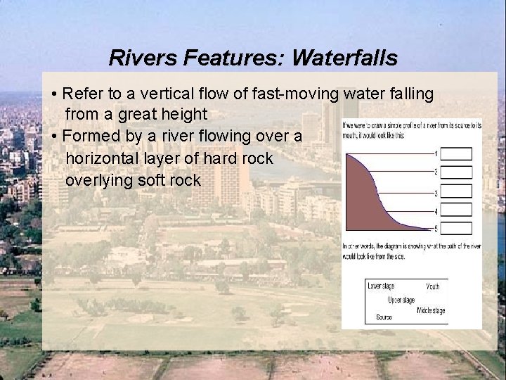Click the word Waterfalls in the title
(x=344, y=58)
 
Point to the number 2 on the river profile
(x=436, y=172)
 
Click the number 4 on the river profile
(x=436, y=212)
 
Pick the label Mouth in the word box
(x=433, y=287)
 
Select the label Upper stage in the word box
(x=401, y=300)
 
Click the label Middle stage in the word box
(x=430, y=310)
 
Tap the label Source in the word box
(x=384, y=317)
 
